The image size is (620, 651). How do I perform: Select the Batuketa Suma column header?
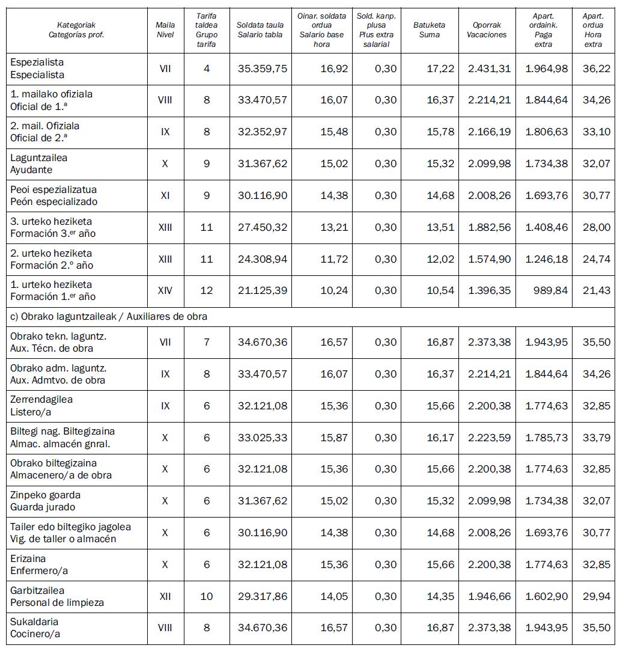tap(429, 30)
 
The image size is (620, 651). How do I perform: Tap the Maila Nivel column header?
tap(165, 30)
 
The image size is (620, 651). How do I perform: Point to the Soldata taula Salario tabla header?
tap(260, 30)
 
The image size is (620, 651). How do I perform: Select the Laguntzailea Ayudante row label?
tap(39, 164)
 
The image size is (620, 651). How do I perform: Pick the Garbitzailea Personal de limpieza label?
tap(57, 596)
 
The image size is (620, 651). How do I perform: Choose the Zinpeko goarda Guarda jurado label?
tap(45, 501)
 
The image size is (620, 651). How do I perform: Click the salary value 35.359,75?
tap(263, 69)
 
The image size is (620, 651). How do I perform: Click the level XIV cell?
tap(165, 291)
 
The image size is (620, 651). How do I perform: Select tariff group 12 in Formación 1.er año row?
tap(207, 291)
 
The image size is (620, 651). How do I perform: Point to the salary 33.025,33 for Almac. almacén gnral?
tap(263, 438)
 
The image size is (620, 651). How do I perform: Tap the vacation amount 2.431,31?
tap(489, 69)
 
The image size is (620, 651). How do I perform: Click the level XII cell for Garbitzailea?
tap(165, 596)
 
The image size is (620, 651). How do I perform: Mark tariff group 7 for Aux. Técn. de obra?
tap(207, 342)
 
